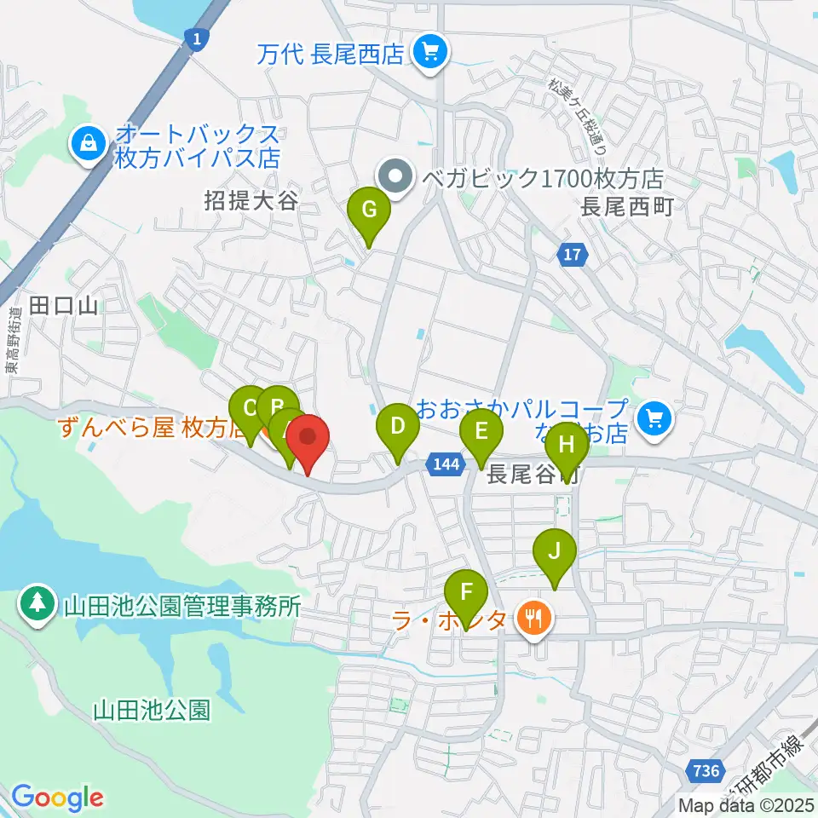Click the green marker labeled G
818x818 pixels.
coord(369,210)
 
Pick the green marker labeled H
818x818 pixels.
coord(567,444)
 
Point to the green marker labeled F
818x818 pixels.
coord(466,592)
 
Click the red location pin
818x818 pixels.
coord(308,439)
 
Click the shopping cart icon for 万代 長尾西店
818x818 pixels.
coord(428,55)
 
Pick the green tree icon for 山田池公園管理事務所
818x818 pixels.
coord(37,604)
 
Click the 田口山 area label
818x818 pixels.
coord(65,306)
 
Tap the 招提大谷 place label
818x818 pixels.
coord(251,201)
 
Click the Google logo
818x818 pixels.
coord(57,798)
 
